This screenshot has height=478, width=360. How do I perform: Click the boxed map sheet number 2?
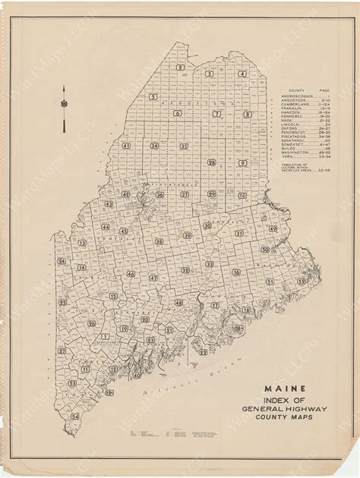click(180, 68)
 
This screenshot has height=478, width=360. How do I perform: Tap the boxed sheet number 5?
click(153, 97)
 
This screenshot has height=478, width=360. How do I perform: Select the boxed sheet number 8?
click(247, 115)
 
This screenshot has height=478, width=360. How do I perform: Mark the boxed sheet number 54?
click(75, 417)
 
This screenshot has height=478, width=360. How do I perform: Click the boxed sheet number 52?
click(302, 281)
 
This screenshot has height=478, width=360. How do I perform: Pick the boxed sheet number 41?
click(126, 146)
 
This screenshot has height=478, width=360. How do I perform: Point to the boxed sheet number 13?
click(81, 243)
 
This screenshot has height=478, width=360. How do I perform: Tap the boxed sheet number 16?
click(236, 272)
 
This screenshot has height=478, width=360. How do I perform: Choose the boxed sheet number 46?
click(131, 275)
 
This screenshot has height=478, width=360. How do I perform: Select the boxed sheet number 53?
click(72, 384)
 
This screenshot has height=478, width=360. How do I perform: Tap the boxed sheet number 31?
click(238, 234)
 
